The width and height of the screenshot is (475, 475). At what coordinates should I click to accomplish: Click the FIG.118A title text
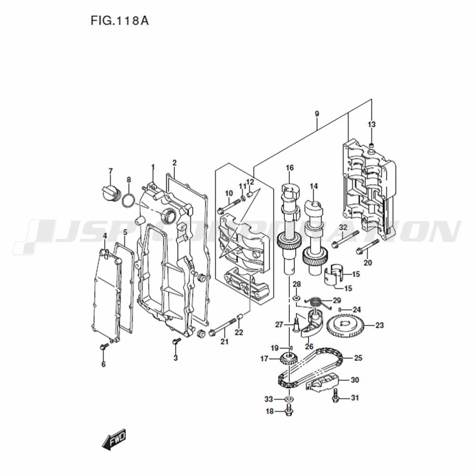(120, 20)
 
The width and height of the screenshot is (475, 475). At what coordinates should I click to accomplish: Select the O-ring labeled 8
(128, 201)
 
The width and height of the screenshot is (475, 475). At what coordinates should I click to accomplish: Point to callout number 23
(379, 325)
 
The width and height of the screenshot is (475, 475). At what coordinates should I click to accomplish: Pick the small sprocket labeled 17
(288, 359)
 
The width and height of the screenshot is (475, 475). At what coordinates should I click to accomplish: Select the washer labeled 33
(289, 398)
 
